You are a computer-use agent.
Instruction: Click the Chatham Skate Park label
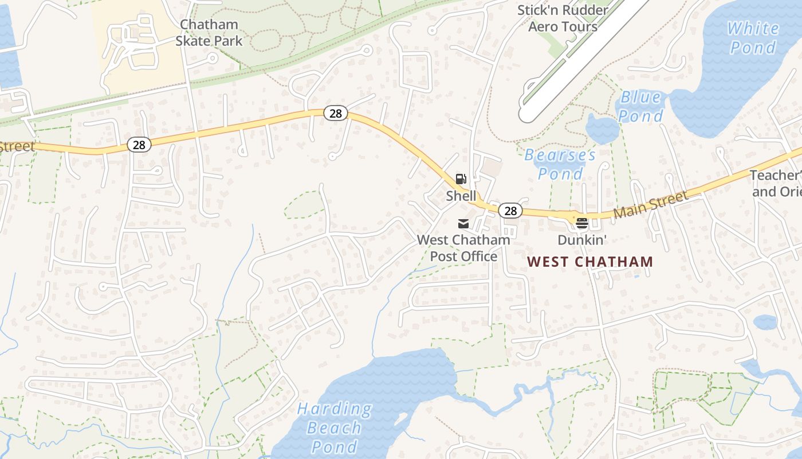pos(209,33)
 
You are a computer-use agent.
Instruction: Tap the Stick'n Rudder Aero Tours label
pos(563,18)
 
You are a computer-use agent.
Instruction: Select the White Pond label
pos(753,37)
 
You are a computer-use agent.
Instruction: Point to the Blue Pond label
pos(640,106)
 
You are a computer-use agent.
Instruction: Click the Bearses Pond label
pos(560,164)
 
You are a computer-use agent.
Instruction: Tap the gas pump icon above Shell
pos(461,179)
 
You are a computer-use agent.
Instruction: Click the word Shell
pos(461,196)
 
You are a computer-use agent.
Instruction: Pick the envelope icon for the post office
pos(463,223)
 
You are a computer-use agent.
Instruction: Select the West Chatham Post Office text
pos(463,248)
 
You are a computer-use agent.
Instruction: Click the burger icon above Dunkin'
pos(582,223)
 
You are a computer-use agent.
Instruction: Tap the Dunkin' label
pos(582,240)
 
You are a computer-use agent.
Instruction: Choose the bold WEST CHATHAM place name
pos(590,262)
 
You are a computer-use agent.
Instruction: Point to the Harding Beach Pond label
pos(335,427)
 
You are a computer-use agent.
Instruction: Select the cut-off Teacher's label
pos(776,183)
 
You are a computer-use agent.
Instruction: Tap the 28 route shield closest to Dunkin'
pos(510,211)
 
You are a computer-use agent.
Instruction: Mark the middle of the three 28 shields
pos(336,113)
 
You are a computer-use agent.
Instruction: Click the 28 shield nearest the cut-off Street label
pos(139,145)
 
